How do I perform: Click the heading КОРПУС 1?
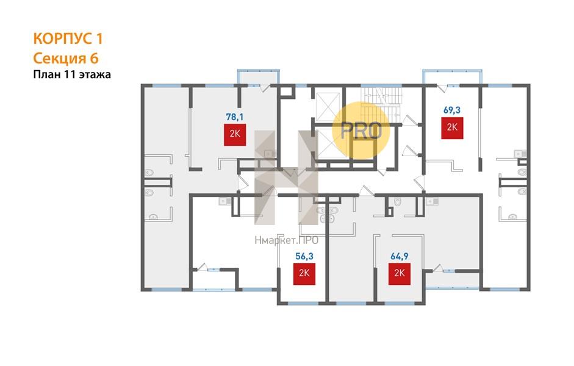tap(68, 38)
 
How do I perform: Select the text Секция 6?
tap(66, 58)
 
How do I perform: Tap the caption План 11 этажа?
tap(72, 74)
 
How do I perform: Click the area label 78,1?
tap(235, 117)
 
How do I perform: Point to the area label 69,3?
tap(452, 110)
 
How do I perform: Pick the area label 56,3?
tap(304, 256)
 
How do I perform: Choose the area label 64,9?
tap(400, 256)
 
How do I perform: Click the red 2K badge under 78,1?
tap(235, 135)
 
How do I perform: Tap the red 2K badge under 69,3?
tap(452, 127)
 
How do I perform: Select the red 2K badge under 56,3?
tap(304, 274)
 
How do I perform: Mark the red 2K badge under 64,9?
tap(400, 274)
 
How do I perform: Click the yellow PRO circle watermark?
tap(361, 131)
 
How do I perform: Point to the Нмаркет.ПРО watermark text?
tap(286, 240)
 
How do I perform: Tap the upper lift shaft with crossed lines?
tap(328, 107)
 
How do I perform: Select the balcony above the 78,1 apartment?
tap(259, 77)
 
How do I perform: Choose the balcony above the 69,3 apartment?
tap(452, 77)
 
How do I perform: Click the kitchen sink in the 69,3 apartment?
tap(520, 154)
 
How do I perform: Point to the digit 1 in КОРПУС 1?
tap(99, 38)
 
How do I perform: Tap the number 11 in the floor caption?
tap(70, 74)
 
